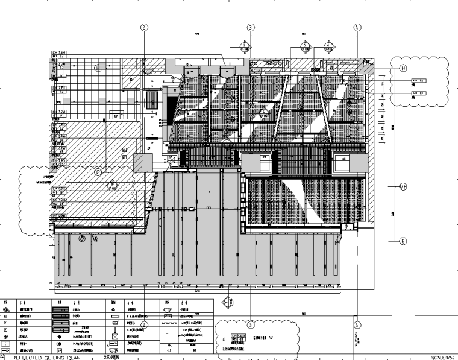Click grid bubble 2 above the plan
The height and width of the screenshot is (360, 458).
[x=144, y=27]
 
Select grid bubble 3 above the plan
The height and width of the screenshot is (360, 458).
[x=251, y=27]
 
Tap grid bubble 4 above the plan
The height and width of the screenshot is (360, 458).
[x=357, y=27]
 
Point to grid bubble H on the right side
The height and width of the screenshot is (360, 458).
[x=403, y=69]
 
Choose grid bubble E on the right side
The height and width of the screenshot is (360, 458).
[x=403, y=241]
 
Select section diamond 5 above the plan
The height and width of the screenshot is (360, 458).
[x=305, y=46]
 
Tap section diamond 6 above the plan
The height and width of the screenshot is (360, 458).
[x=329, y=46]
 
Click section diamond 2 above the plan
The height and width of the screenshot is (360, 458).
[x=244, y=46]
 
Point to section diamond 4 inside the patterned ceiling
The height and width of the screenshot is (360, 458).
[x=264, y=112]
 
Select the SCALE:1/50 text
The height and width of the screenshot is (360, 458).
[x=444, y=357]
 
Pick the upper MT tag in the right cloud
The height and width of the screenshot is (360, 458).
[x=418, y=80]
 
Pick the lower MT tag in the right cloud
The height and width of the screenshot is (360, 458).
[x=418, y=93]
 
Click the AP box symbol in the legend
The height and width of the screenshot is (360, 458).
[x=60, y=350]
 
